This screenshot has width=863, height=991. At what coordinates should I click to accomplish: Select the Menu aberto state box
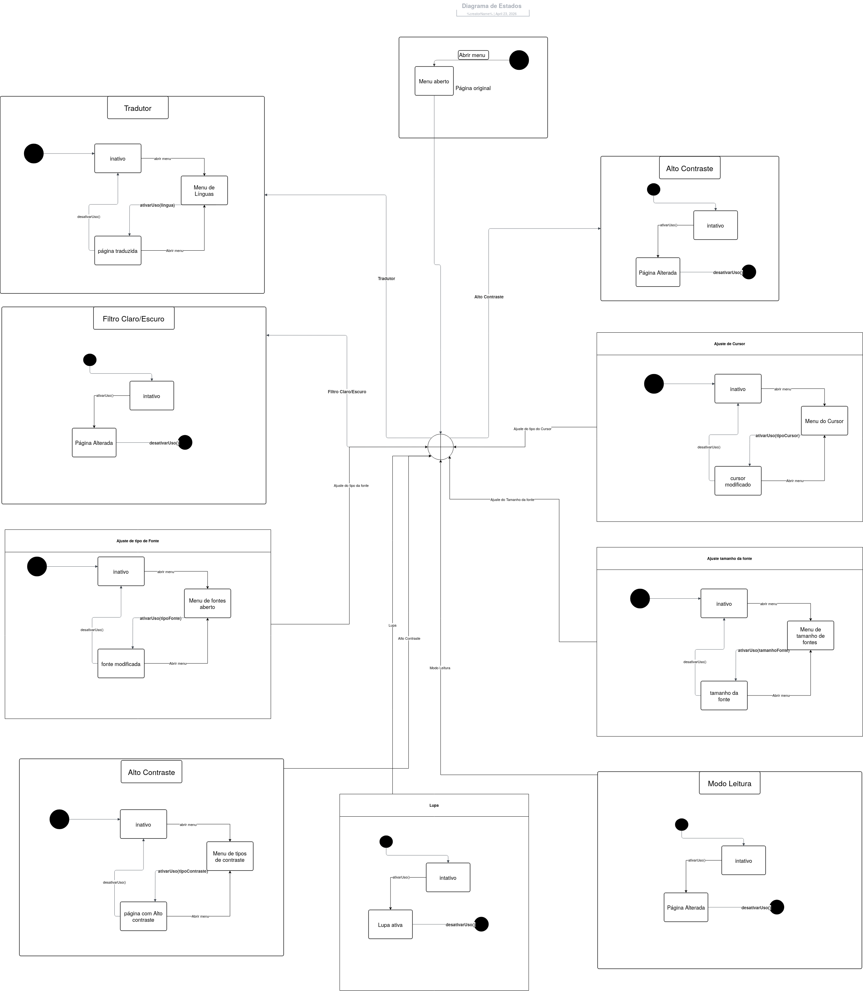click(434, 81)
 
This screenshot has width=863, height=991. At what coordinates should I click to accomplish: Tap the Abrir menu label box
click(473, 55)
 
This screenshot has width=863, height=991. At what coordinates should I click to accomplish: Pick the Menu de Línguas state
click(204, 190)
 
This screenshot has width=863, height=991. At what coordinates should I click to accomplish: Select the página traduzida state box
click(118, 251)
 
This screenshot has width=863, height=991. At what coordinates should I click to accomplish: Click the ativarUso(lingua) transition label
click(157, 205)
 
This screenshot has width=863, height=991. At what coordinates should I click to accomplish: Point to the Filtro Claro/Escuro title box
click(133, 319)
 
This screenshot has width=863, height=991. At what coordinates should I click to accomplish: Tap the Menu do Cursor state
click(824, 421)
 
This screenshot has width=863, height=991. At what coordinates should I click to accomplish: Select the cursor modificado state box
click(737, 481)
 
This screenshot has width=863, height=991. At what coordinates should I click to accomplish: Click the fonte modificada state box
click(120, 663)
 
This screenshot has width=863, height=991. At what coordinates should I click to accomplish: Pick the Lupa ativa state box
click(390, 925)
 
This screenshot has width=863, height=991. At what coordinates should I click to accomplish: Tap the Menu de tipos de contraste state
click(230, 856)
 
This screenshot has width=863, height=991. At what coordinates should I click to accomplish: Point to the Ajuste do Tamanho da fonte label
click(512, 500)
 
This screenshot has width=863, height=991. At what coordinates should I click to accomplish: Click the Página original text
click(473, 88)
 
